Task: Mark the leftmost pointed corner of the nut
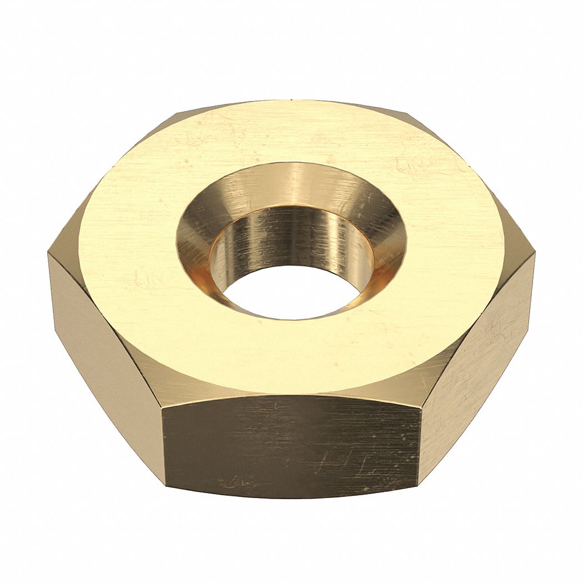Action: click(x=48, y=253)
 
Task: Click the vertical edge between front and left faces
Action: click(x=164, y=444)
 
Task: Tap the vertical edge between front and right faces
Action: click(x=420, y=439)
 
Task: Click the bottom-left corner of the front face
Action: click(x=166, y=487)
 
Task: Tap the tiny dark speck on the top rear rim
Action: click(x=290, y=102)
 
